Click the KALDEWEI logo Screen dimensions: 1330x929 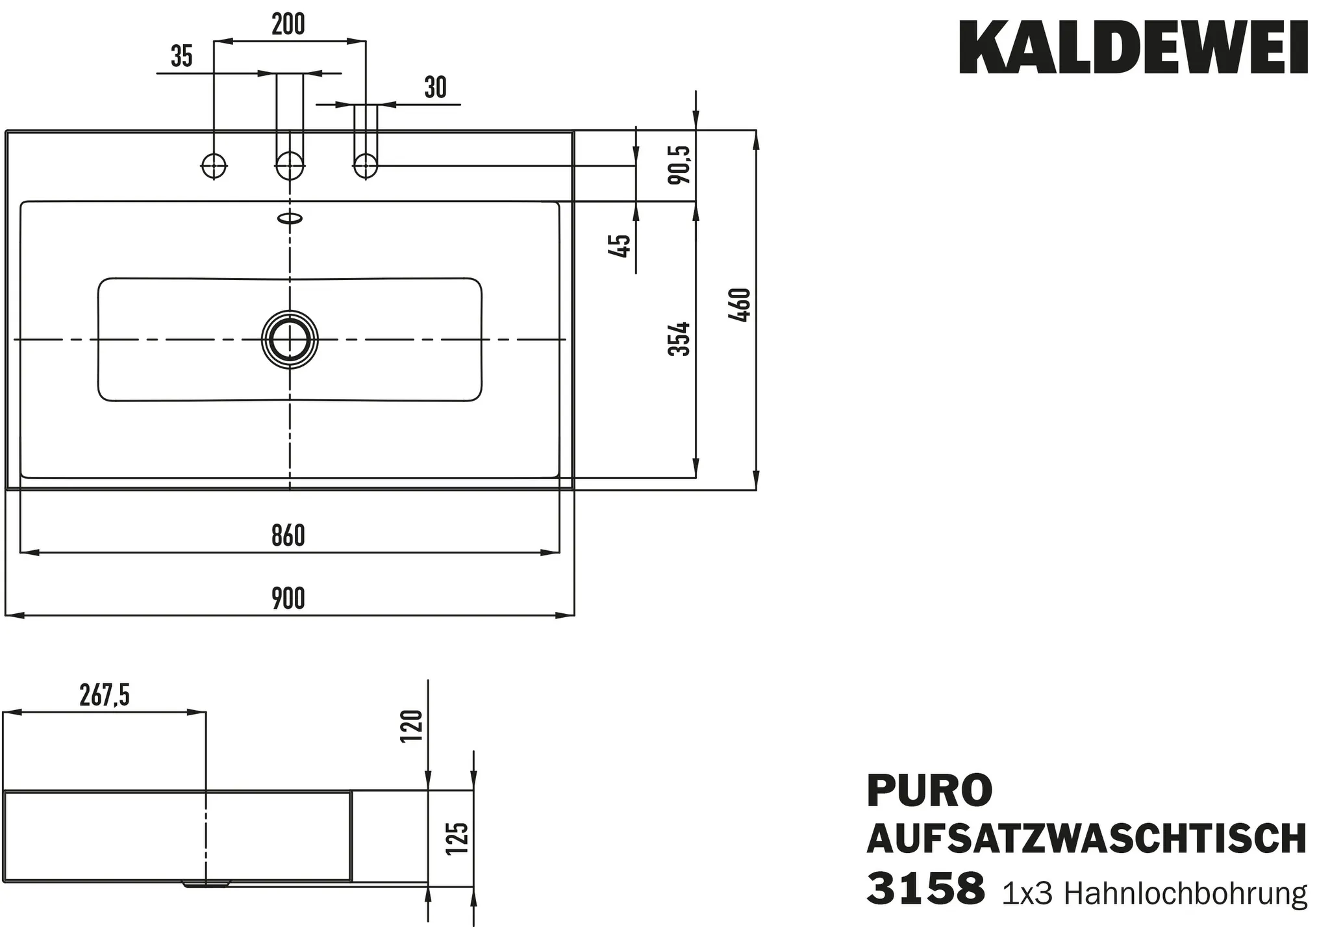pyautogui.click(x=1133, y=47)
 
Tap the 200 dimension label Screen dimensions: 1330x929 pyautogui.click(x=288, y=25)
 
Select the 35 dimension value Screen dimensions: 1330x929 pyautogui.click(x=182, y=57)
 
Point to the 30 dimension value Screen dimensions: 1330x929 pyautogui.click(x=436, y=87)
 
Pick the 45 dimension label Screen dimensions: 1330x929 pyautogui.click(x=621, y=246)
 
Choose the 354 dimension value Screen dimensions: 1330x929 pyautogui.click(x=679, y=338)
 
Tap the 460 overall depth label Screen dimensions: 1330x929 pyautogui.click(x=740, y=305)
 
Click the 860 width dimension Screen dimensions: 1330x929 pyautogui.click(x=288, y=536)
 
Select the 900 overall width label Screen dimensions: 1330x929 pyautogui.click(x=288, y=598)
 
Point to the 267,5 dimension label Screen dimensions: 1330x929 pyautogui.click(x=105, y=696)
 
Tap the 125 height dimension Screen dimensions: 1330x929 pyautogui.click(x=458, y=839)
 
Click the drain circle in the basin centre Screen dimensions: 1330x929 pyautogui.click(x=290, y=339)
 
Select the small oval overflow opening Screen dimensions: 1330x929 pyautogui.click(x=290, y=218)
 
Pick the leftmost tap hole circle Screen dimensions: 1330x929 pyautogui.click(x=214, y=166)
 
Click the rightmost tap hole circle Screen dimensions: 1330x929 pyautogui.click(x=366, y=166)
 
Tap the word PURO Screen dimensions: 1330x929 pyautogui.click(x=929, y=790)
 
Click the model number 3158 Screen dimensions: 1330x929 pyautogui.click(x=925, y=889)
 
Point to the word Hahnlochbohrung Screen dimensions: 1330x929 pyautogui.click(x=1185, y=894)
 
